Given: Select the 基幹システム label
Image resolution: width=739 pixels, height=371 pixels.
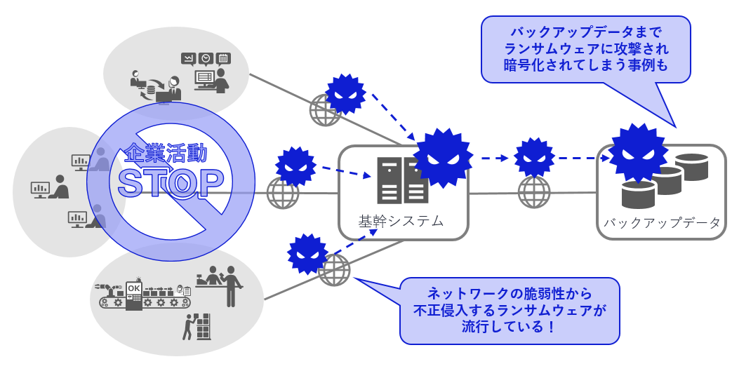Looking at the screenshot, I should tap(401, 221).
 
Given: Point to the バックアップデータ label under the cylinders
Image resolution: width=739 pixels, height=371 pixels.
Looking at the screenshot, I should tap(661, 223).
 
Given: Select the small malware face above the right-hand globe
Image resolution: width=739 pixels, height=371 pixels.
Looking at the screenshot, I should tap(535, 157).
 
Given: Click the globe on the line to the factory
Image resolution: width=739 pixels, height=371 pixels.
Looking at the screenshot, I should tap(334, 269).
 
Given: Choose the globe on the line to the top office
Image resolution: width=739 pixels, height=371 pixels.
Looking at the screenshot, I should tap(326, 110).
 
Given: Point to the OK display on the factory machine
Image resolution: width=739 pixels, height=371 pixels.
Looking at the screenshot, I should tap(133, 288).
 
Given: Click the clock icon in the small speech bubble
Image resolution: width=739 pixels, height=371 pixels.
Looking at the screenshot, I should tap(206, 59).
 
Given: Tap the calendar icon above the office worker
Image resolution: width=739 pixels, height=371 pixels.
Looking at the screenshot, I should tap(224, 58).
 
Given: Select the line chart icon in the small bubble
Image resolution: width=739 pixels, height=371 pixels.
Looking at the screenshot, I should tap(187, 59).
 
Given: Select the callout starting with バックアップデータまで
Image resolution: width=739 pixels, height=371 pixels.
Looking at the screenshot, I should tap(585, 50).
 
